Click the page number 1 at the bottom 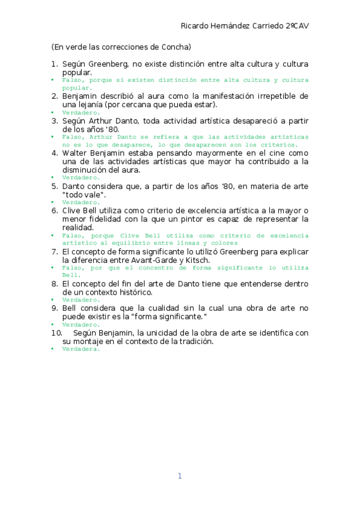179,476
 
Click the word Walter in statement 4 75,153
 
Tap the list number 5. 54,186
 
